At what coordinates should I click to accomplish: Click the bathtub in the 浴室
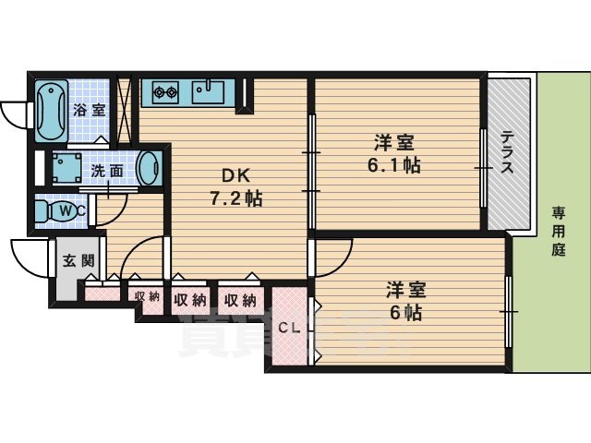coord(50,111)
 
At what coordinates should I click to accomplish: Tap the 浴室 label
coord(90,109)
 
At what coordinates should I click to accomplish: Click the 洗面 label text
coord(106,171)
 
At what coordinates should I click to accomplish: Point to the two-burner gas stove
coord(165,91)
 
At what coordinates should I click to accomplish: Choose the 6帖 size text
coord(404,312)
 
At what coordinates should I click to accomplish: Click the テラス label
coord(509,152)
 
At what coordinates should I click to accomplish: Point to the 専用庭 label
coord(559,231)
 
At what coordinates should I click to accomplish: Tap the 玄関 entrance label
coord(78,260)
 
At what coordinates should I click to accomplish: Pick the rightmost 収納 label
coord(238,300)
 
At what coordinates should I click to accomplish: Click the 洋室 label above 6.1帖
coord(394,143)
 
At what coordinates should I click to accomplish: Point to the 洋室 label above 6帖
coord(405,289)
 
